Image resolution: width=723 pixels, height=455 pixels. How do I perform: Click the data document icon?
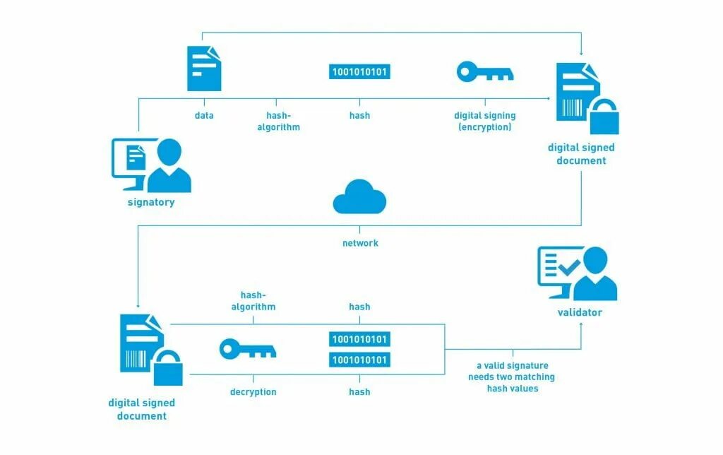pyautogui.click(x=204, y=69)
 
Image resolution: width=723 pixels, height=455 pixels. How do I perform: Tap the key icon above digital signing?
pyautogui.click(x=485, y=72)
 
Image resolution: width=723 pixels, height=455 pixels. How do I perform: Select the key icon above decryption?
pyautogui.click(x=247, y=349)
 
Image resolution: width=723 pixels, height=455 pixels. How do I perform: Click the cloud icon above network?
pyautogui.click(x=359, y=197)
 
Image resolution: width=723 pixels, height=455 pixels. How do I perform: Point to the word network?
pyautogui.click(x=360, y=243)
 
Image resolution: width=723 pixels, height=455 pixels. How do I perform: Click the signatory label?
pyautogui.click(x=150, y=202)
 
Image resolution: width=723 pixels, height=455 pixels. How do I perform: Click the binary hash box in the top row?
pyautogui.click(x=360, y=71)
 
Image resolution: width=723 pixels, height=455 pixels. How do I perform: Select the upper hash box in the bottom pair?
pyautogui.click(x=359, y=339)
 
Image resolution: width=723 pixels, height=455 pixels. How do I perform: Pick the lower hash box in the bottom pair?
pyautogui.click(x=359, y=360)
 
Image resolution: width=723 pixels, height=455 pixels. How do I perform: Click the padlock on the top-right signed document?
pyautogui.click(x=604, y=117)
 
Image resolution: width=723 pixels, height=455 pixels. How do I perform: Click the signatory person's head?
pyautogui.click(x=169, y=151)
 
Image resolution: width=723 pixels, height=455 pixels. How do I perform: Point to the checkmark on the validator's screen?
pyautogui.click(x=568, y=266)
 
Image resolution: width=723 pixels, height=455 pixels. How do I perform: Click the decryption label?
pyautogui.click(x=253, y=391)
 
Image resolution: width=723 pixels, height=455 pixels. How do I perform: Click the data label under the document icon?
pyautogui.click(x=204, y=115)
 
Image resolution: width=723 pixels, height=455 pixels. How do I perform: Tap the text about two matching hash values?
pyautogui.click(x=511, y=377)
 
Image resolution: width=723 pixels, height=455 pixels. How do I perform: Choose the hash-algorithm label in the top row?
pyautogui.click(x=283, y=121)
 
